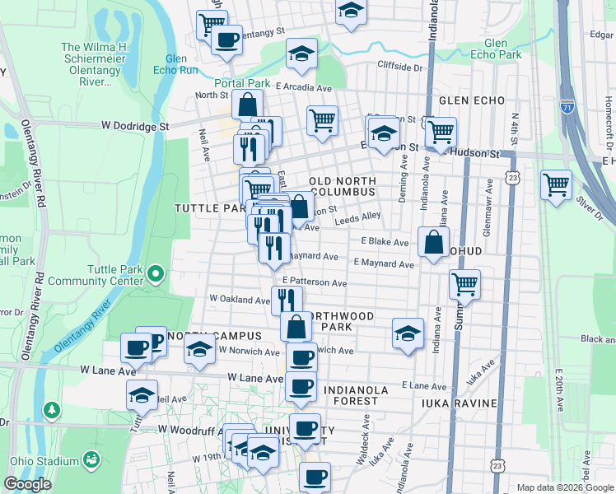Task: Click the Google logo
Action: [27, 484]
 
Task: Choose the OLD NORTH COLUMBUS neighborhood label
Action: [342, 186]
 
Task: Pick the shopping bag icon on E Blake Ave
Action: [433, 242]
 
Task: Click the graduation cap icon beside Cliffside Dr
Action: [302, 54]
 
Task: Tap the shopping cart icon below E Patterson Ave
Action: [464, 285]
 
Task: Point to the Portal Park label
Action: [243, 84]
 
